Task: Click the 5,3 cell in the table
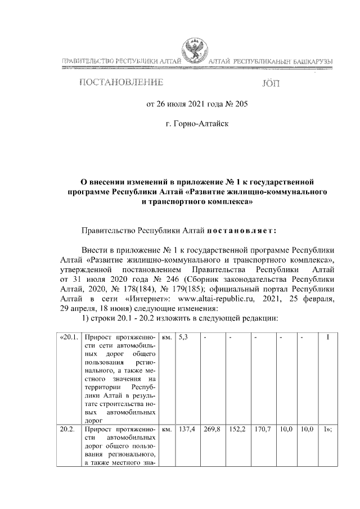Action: pos(184,337)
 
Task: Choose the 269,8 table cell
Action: pos(211,429)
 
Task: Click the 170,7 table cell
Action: pos(262,429)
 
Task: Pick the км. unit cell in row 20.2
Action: pos(166,429)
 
